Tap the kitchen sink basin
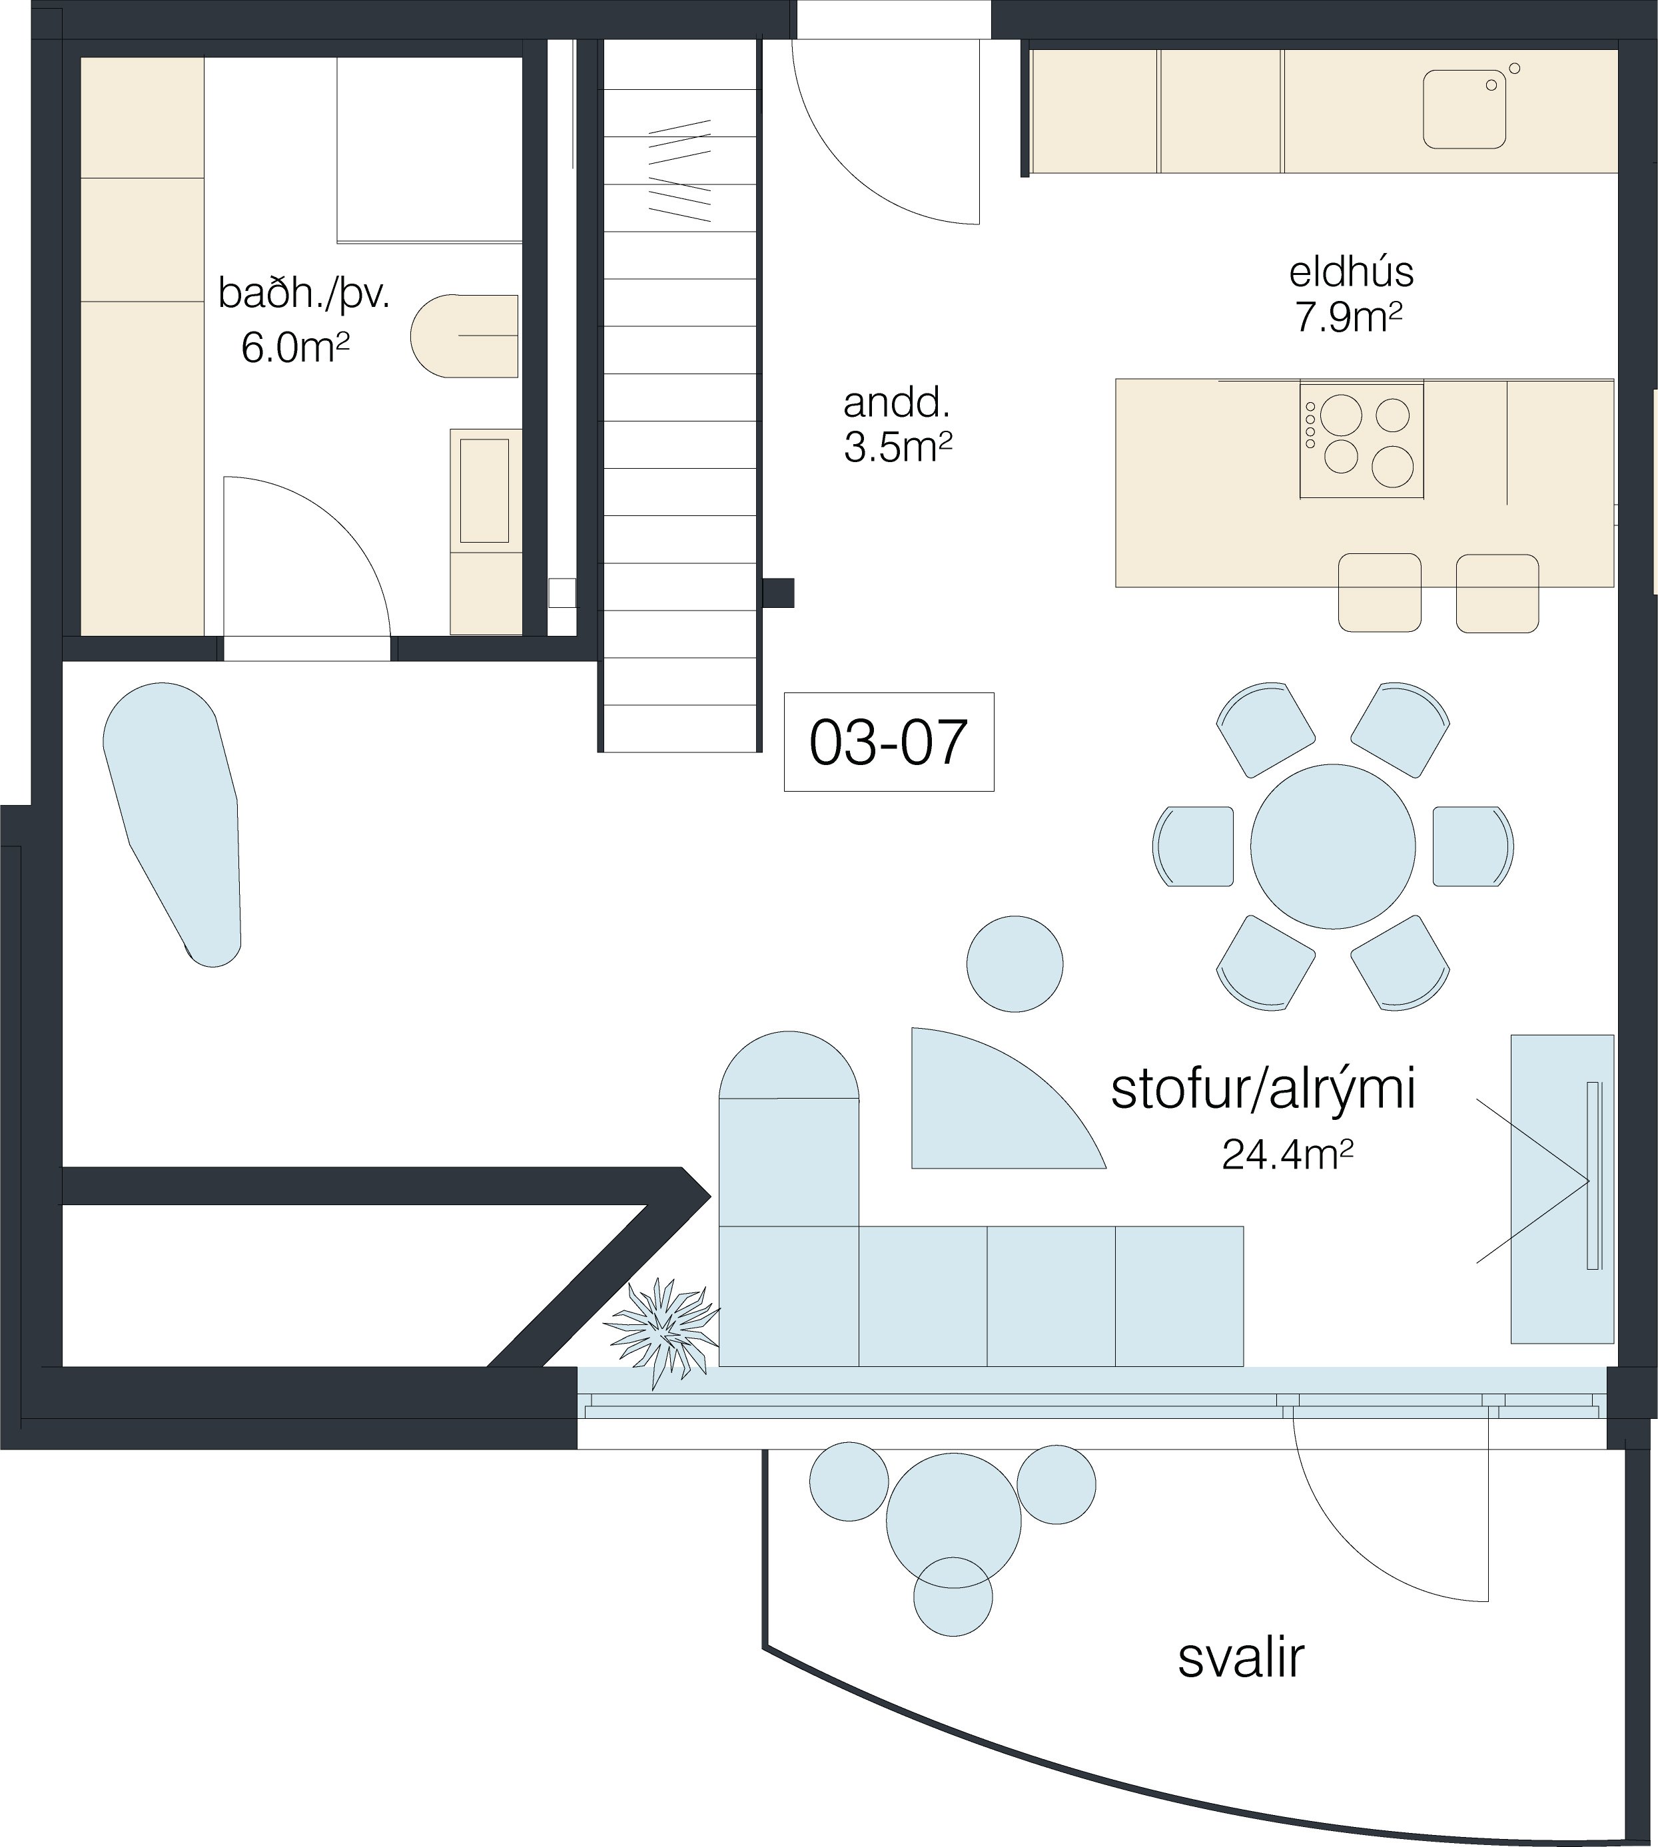coord(1465,109)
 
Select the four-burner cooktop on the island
coord(1361,441)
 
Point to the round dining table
coord(1333,846)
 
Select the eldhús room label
coord(1351,272)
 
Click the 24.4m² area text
coord(1286,1155)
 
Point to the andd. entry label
coord(897,401)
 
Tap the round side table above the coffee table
coord(1015,963)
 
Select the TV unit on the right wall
coord(1562,1188)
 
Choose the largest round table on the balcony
coord(954,1521)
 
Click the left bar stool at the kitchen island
coord(1380,592)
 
